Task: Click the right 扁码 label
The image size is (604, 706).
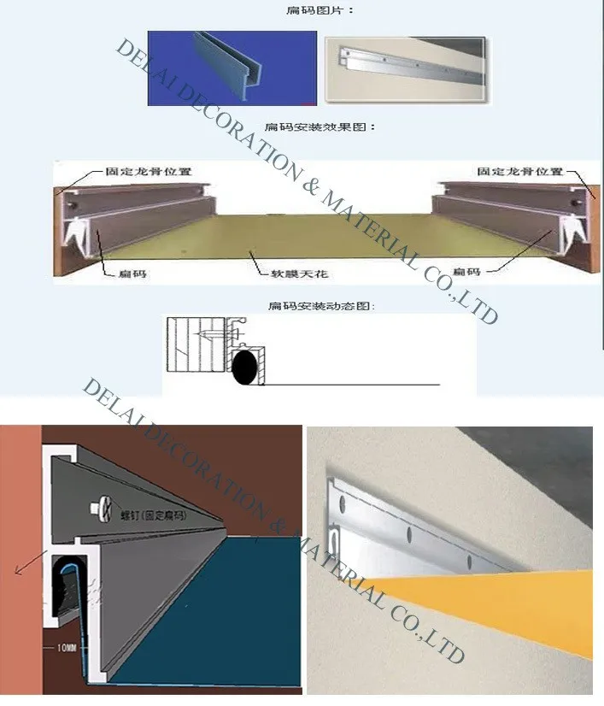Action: click(491, 272)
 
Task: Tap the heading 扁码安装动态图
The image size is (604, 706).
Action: click(321, 305)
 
